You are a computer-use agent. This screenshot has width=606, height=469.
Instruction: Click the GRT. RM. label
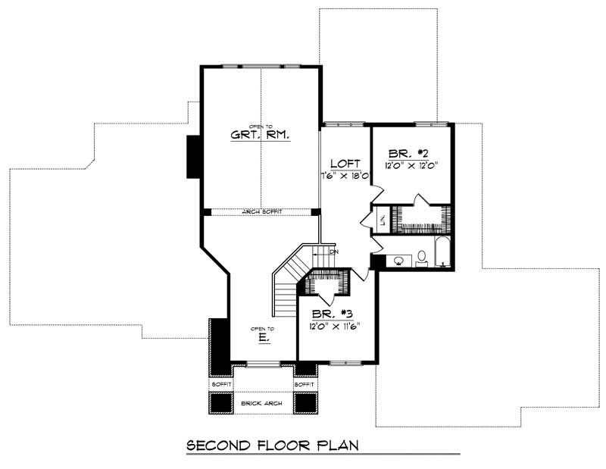pyautogui.click(x=261, y=136)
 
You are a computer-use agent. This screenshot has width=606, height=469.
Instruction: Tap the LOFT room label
pyautogui.click(x=344, y=164)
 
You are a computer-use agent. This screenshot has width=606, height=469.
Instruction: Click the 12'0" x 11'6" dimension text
pyautogui.click(x=333, y=327)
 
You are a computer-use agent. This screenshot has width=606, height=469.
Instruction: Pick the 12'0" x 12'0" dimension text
pyautogui.click(x=412, y=164)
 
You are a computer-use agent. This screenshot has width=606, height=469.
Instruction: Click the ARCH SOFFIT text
pyautogui.click(x=261, y=212)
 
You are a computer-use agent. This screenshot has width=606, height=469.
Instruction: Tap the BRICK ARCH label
pyautogui.click(x=261, y=404)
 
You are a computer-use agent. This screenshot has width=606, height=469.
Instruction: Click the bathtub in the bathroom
pyautogui.click(x=442, y=252)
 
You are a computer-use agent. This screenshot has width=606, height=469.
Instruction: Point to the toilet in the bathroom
pyautogui.click(x=421, y=261)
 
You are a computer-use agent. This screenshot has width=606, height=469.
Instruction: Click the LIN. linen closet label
pyautogui.click(x=384, y=220)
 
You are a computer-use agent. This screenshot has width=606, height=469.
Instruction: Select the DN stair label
pyautogui.click(x=333, y=251)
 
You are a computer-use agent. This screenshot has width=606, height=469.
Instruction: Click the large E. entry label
pyautogui.click(x=263, y=338)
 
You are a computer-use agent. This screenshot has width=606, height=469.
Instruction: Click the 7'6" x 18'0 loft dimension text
pyautogui.click(x=344, y=176)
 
